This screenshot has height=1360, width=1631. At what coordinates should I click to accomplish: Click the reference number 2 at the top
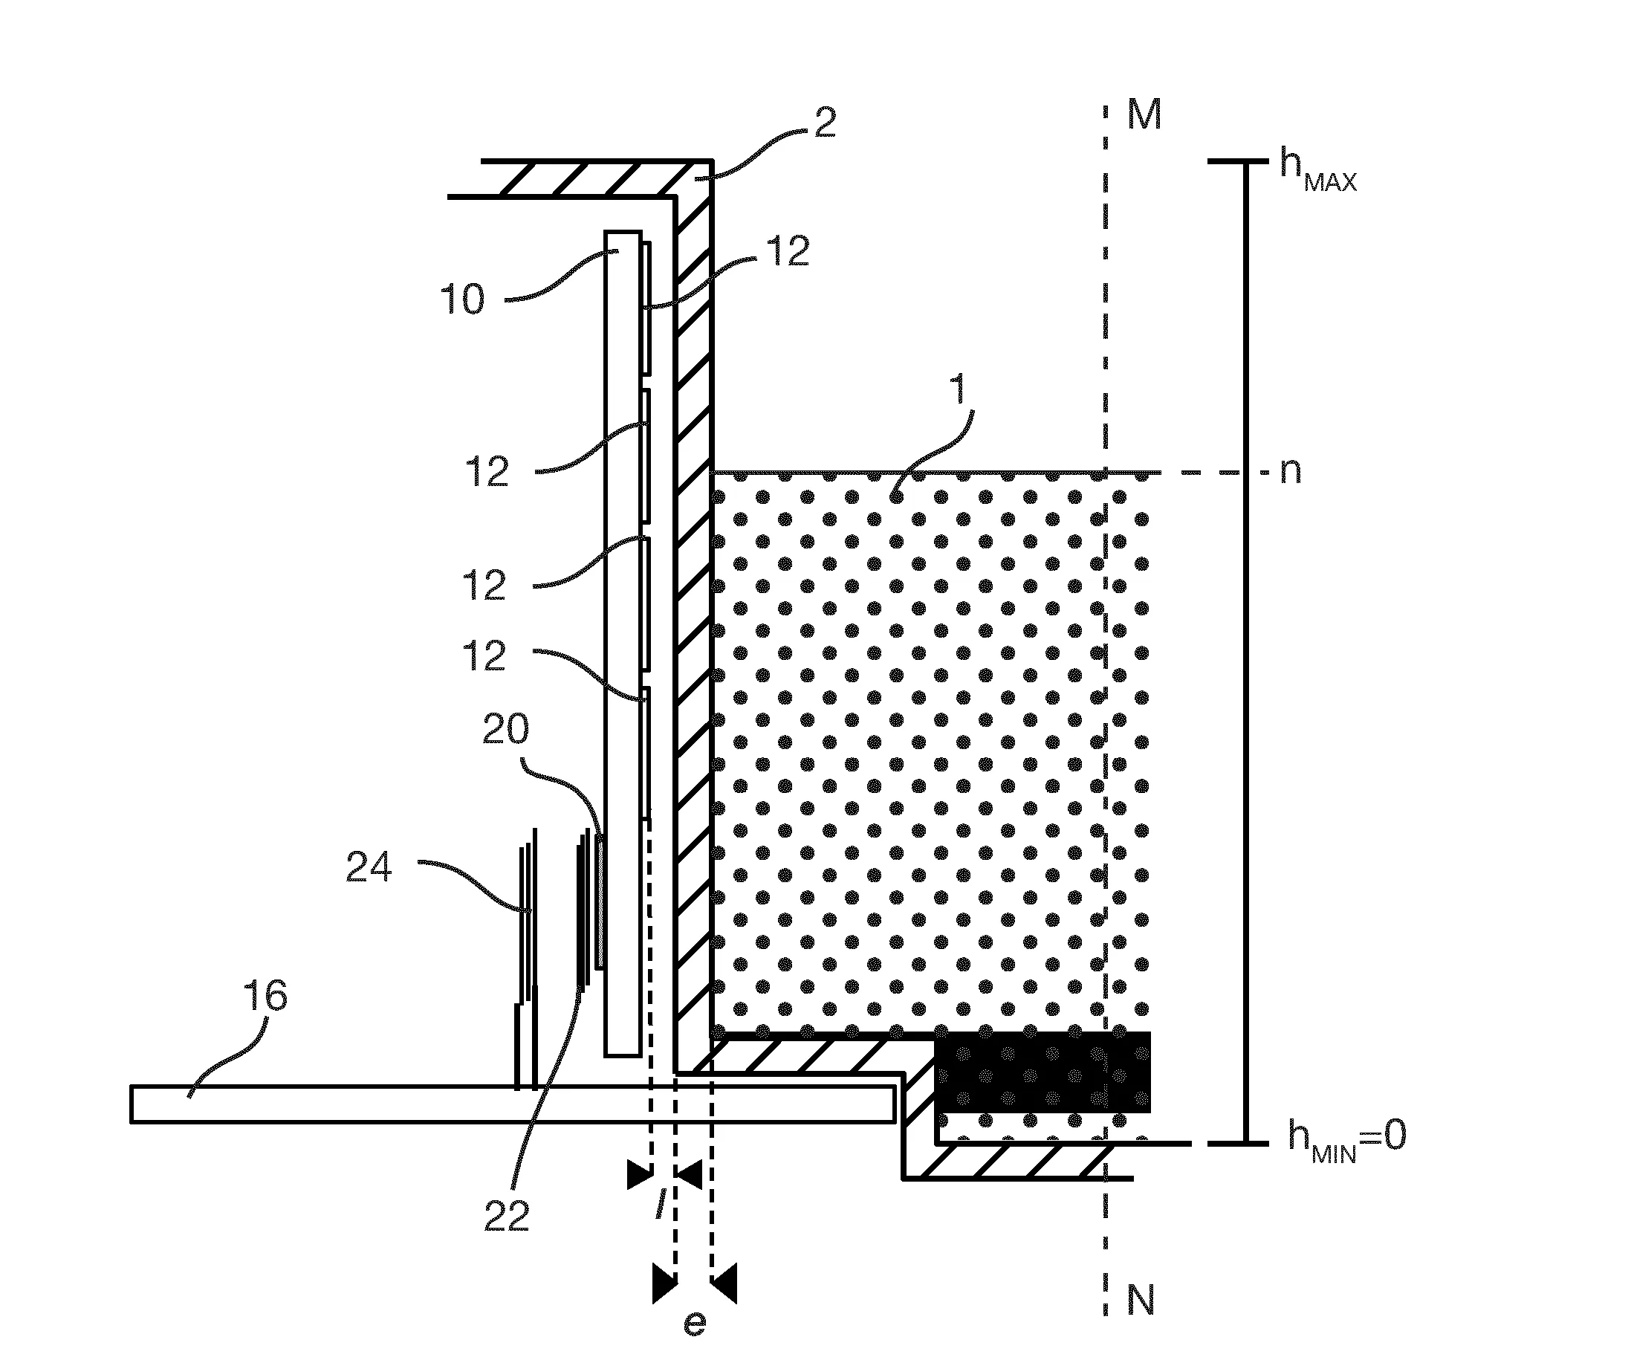[825, 123]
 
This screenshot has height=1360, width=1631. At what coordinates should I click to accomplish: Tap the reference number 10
[462, 299]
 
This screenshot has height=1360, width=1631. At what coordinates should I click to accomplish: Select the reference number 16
[265, 995]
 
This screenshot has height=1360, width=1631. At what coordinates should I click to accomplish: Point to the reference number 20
[505, 728]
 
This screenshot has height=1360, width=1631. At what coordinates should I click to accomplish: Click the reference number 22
[506, 1216]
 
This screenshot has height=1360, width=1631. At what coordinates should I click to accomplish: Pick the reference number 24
[369, 867]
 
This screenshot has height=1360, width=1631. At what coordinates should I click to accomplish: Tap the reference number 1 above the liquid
[960, 389]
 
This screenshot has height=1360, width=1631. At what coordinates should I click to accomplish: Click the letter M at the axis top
[1144, 114]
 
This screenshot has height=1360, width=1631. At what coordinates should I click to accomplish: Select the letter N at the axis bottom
[1141, 1299]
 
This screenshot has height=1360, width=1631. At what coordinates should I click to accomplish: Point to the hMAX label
[1319, 171]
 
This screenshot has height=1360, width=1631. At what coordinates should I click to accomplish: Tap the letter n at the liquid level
[1290, 471]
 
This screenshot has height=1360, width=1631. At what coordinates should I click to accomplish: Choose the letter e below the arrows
[694, 1324]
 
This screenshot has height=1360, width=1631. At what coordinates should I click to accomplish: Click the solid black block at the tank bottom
[1043, 1072]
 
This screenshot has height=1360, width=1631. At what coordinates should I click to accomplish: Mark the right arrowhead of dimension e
[724, 1284]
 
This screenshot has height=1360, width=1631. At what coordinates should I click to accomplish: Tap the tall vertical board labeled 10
[623, 643]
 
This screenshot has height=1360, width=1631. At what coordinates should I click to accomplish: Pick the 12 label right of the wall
[788, 252]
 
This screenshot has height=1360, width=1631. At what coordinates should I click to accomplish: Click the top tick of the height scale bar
[1246, 161]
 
